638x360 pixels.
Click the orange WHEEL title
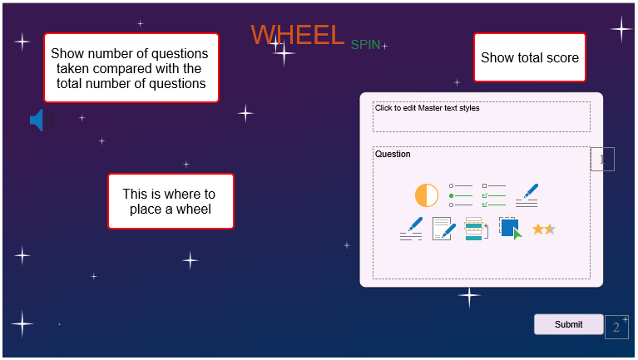[x=298, y=35]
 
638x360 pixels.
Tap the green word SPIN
[x=365, y=45]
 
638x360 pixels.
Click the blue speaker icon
[x=42, y=120]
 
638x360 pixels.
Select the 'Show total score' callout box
[x=529, y=57]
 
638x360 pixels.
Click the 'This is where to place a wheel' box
[x=171, y=201]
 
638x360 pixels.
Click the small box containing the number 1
[x=602, y=159]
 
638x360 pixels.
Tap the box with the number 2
[x=616, y=327]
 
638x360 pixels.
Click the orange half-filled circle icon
[x=427, y=195]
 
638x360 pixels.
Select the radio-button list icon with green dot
[x=461, y=195]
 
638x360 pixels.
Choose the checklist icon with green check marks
[x=494, y=195]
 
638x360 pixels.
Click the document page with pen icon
[x=443, y=229]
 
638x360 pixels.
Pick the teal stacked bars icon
[x=477, y=229]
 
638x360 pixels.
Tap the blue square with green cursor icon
[x=510, y=229]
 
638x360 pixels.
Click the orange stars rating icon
[x=544, y=229]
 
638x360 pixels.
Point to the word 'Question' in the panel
[x=393, y=154]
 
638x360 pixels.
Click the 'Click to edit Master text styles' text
[x=428, y=108]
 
